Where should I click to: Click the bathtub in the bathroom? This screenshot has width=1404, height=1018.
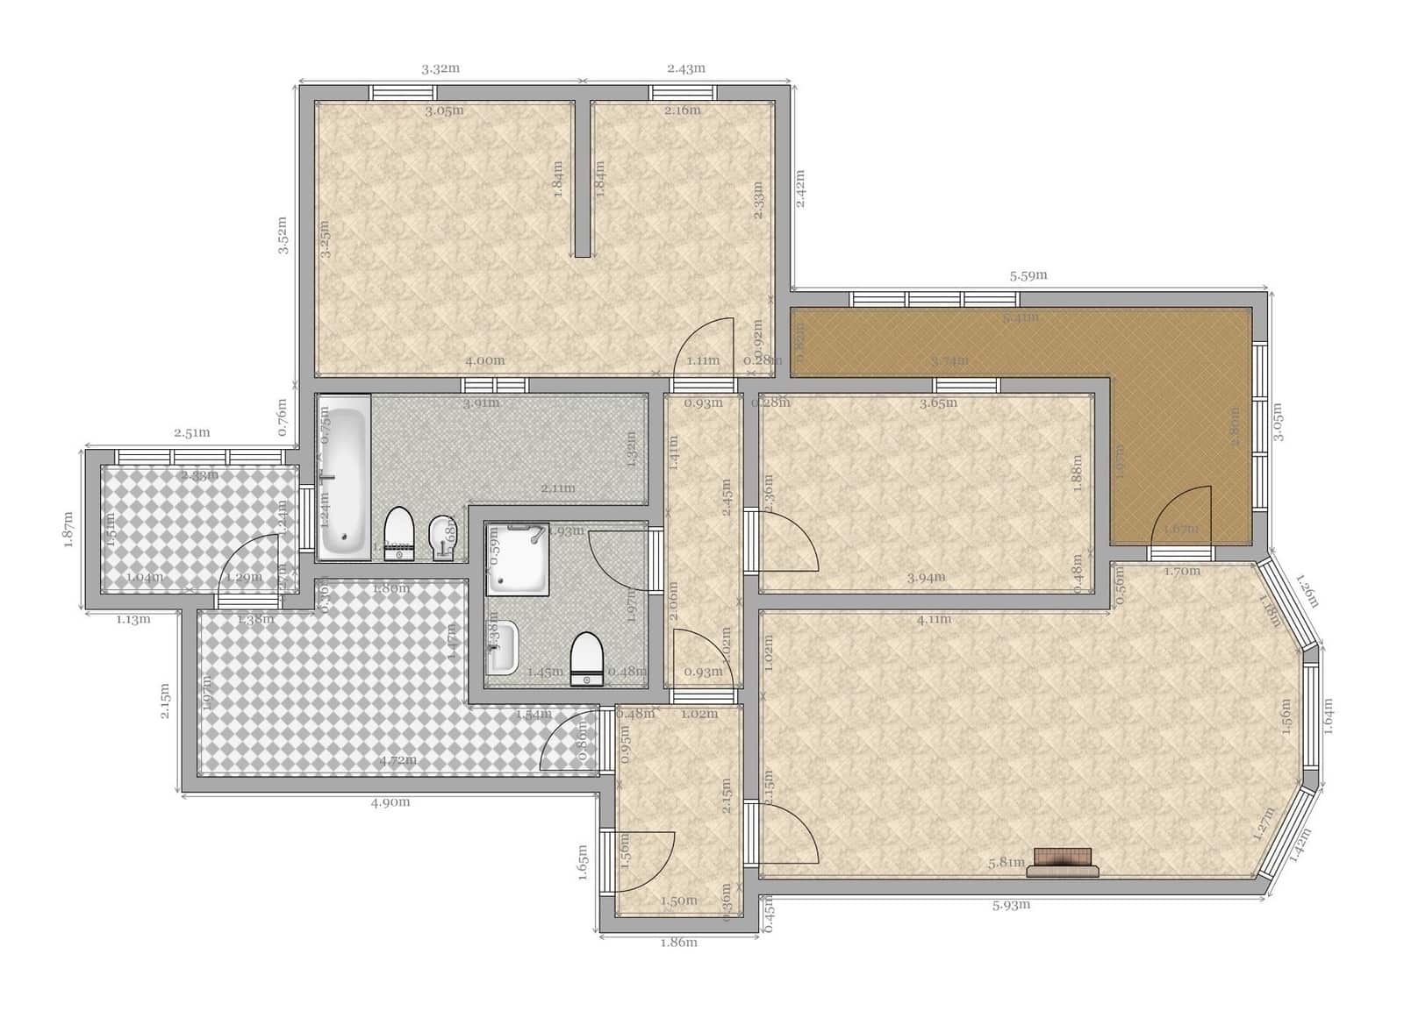click(x=343, y=477)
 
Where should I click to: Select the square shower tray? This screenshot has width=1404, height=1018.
click(x=518, y=559)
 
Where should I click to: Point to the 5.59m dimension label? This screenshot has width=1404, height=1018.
click(x=1028, y=275)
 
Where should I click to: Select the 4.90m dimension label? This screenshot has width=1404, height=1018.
click(x=391, y=802)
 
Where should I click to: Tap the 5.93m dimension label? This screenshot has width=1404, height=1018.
click(x=1011, y=906)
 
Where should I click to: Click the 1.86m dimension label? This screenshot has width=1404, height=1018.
click(x=678, y=943)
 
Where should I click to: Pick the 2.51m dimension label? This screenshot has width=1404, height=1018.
click(x=191, y=433)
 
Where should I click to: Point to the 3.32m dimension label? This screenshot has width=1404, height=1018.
click(x=441, y=69)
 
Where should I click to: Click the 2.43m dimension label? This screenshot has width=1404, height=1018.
click(x=686, y=68)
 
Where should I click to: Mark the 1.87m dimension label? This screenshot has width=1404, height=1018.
click(x=69, y=530)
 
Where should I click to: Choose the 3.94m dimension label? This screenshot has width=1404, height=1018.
click(x=926, y=577)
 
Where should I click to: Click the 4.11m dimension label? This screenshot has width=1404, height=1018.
click(x=934, y=620)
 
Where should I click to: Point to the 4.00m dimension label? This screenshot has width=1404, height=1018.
click(x=484, y=360)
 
